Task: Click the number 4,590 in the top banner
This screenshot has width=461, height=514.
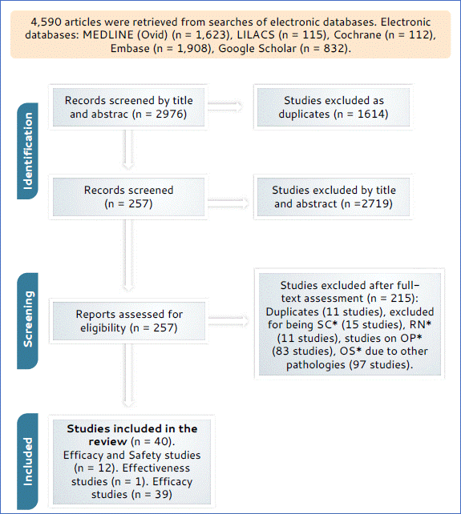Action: point(46,22)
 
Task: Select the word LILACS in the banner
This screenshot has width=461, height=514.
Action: point(256,34)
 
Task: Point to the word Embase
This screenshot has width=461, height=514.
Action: point(130,48)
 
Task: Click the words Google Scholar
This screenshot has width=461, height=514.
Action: point(257,48)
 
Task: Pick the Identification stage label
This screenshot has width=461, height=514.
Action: point(28,151)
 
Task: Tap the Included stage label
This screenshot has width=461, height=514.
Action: point(28,461)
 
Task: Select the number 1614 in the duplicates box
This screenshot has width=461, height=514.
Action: point(371,114)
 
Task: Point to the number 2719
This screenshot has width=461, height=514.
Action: point(375,203)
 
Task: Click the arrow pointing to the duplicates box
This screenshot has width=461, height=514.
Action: point(225,106)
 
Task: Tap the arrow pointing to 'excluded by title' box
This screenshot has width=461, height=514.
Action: point(228,203)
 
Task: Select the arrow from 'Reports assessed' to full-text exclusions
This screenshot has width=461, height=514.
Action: point(228,321)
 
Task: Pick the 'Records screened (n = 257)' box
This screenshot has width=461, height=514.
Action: point(129,197)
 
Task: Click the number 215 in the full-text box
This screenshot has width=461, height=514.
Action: point(401,299)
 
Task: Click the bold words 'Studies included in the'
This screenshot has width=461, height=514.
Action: point(132,428)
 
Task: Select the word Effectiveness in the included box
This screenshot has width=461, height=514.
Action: point(156,468)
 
